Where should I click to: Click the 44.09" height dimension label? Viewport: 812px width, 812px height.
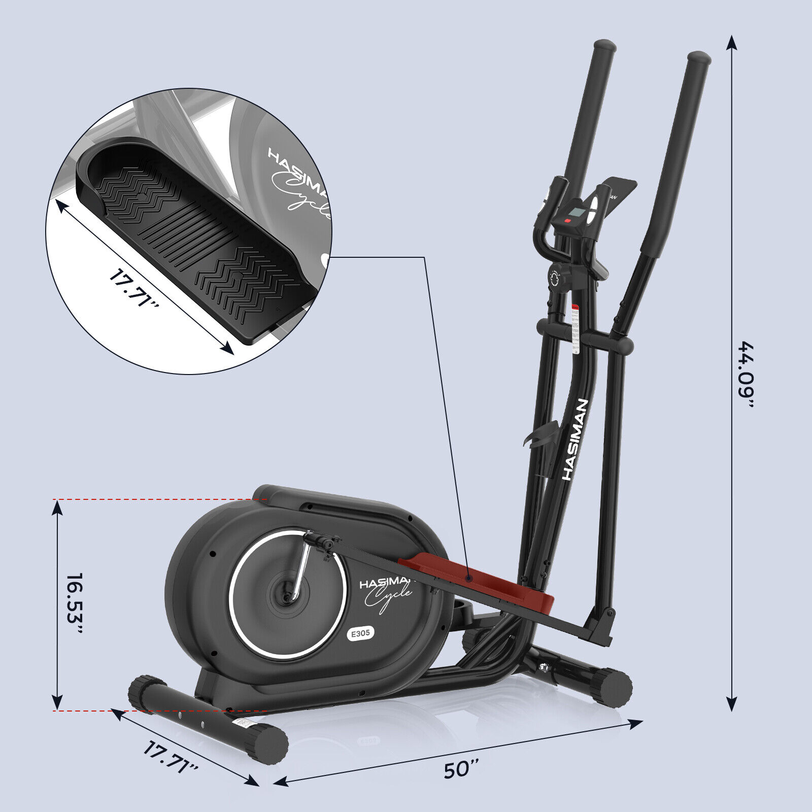coord(747,375)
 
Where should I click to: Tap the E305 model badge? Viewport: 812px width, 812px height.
coord(360,633)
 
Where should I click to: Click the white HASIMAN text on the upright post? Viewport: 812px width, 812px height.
coord(576,439)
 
